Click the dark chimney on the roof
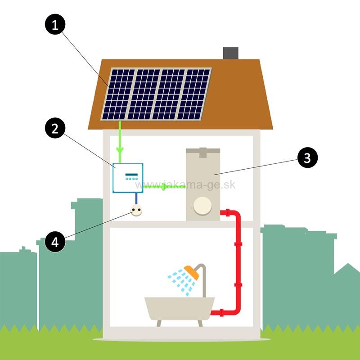click(x=230, y=53)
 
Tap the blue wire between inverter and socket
click(x=135, y=198)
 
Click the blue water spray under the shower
click(x=180, y=281)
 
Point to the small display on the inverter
click(x=131, y=174)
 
